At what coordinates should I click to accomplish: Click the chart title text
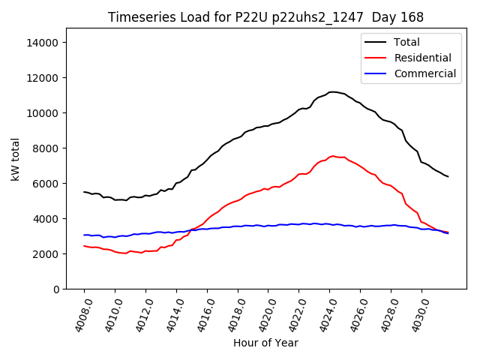pos(265,17)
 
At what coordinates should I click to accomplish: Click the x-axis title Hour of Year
pos(265,343)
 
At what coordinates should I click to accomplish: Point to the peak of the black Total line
pos(332,92)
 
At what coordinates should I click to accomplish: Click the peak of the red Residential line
pos(332,156)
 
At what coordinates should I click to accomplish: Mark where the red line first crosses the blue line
pos(190,229)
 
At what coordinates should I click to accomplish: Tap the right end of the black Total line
pos(448,177)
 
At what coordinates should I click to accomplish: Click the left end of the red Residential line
pos(84,246)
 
